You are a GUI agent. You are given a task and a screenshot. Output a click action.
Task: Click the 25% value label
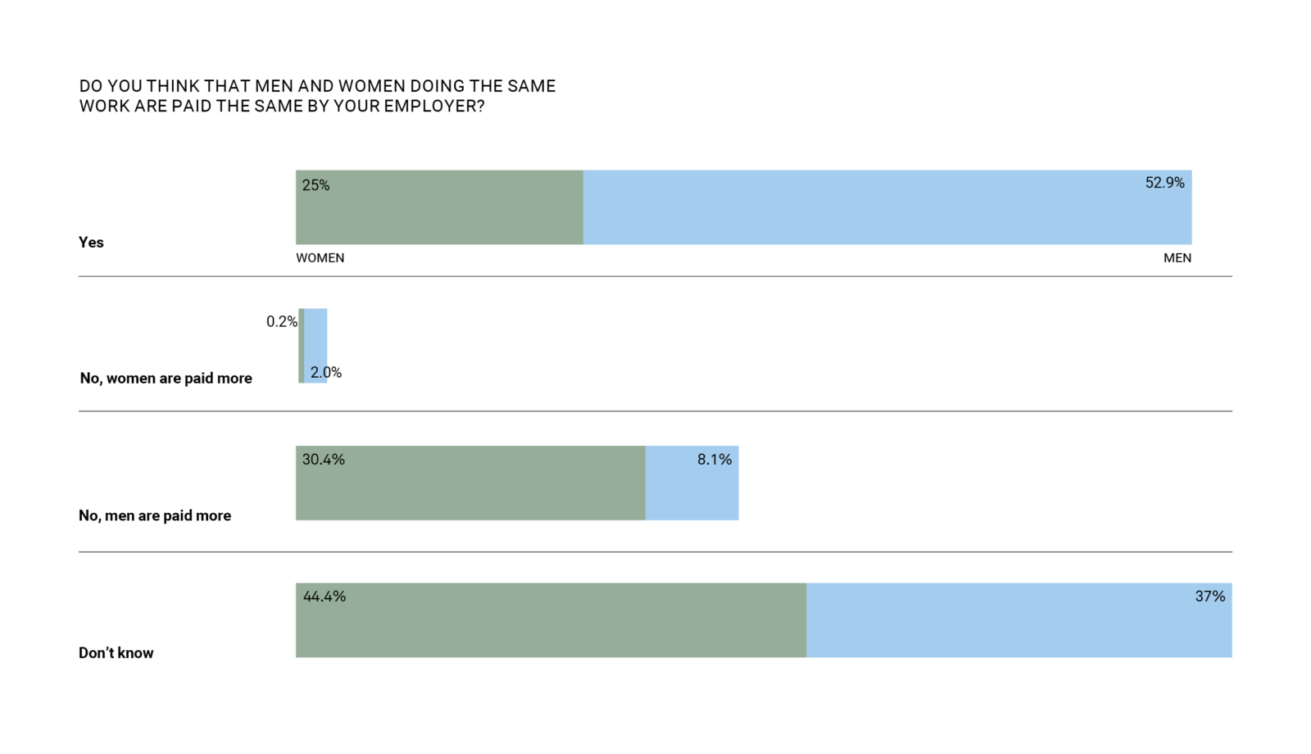[x=315, y=185]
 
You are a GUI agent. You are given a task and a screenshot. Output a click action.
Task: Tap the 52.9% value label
[x=1164, y=183]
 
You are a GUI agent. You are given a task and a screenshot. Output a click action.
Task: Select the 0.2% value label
[x=281, y=322]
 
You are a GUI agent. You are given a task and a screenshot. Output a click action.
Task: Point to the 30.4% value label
[x=323, y=460]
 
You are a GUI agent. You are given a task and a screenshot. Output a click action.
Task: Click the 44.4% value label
[x=324, y=597]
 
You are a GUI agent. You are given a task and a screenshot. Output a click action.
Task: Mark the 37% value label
[x=1209, y=597]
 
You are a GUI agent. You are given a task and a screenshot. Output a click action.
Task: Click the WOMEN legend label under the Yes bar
[x=320, y=258]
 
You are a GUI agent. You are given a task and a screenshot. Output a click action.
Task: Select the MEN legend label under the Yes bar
[x=1177, y=258]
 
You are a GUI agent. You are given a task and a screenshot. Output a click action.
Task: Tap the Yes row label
[x=91, y=243]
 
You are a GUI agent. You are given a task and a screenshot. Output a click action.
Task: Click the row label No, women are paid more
[x=166, y=379]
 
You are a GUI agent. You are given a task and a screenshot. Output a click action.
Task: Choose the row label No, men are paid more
[x=155, y=516]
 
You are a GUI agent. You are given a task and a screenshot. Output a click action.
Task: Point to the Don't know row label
[x=116, y=653]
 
